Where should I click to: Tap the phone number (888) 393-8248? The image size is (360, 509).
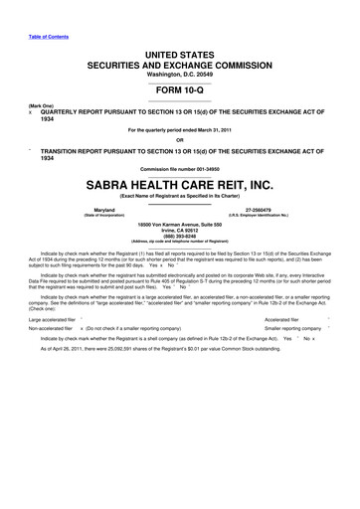(180, 238)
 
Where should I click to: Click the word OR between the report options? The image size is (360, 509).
(180, 138)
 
